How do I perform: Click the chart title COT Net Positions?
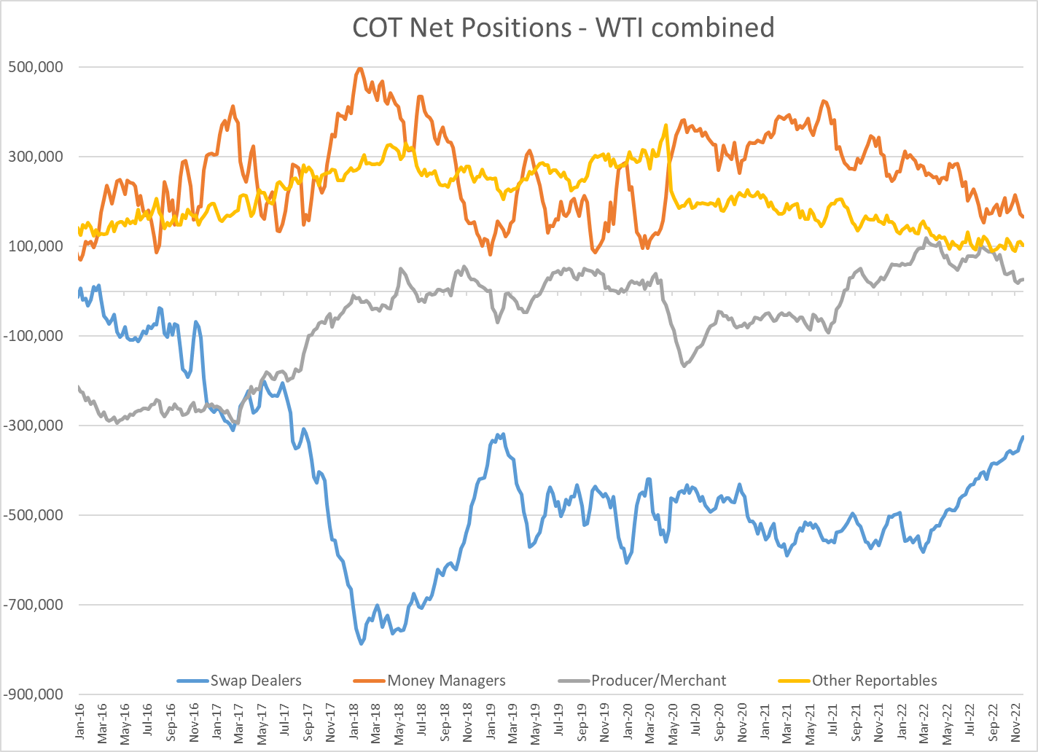coord(563,28)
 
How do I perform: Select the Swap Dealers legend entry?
coord(255,681)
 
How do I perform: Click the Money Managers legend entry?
coord(446,681)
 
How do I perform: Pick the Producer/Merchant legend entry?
coord(658,681)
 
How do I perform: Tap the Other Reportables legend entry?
coord(874,681)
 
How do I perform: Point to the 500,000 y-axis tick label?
coord(36,67)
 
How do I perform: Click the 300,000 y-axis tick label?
coord(36,157)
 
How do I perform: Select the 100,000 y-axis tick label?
coord(36,246)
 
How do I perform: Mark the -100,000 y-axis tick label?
coord(34,336)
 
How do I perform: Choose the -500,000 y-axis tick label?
coord(34,515)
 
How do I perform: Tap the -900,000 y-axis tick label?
coord(34,694)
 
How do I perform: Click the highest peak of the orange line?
coord(359,68)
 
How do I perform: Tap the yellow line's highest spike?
coord(666,125)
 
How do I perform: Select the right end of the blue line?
coord(1023,436)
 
